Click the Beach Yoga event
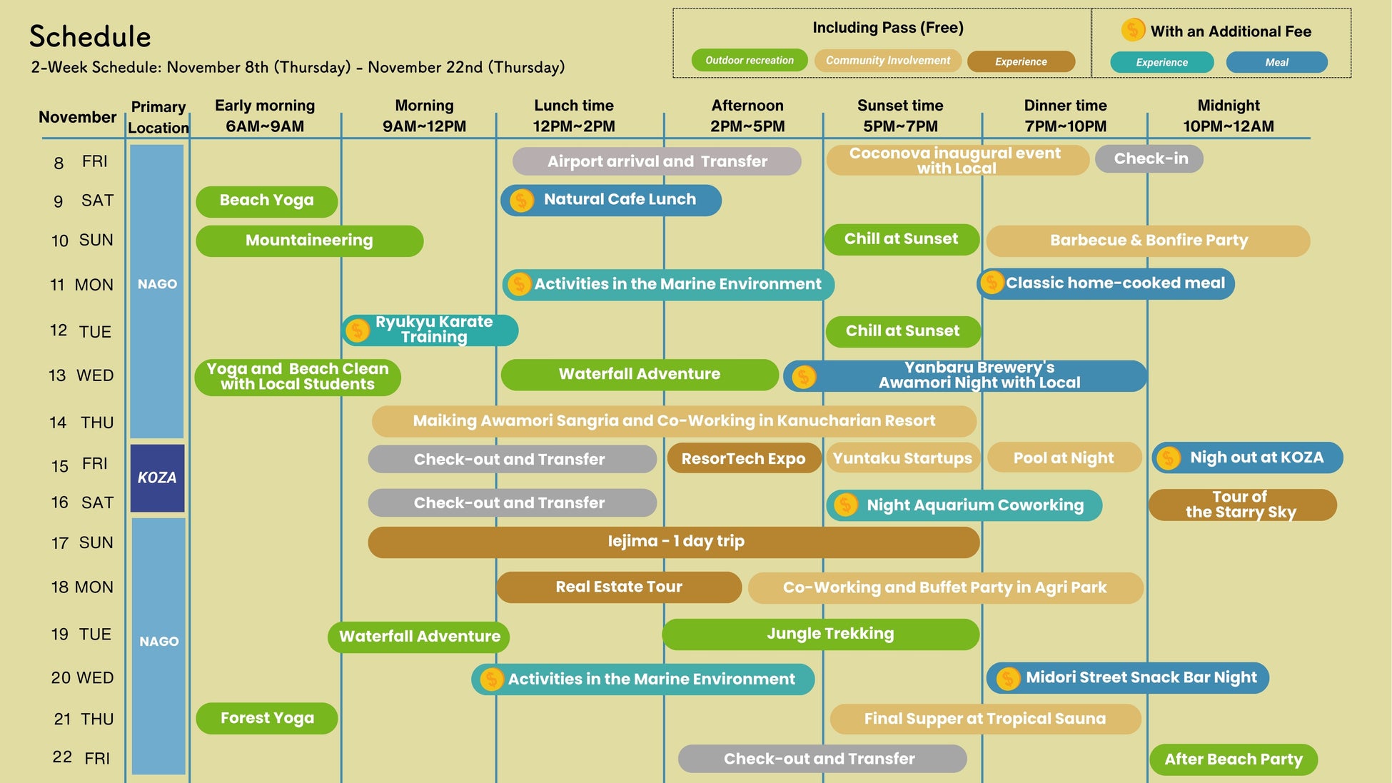[x=266, y=201]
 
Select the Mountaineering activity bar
[x=309, y=241]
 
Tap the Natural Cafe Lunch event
[x=611, y=200]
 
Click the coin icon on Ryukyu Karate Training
[x=358, y=330]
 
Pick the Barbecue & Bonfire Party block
[x=1148, y=241]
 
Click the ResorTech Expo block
[x=743, y=459]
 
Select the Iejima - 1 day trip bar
[x=674, y=542]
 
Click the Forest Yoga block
[x=266, y=718]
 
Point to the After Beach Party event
[x=1233, y=759]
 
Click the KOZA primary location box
[x=157, y=478]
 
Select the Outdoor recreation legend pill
[x=749, y=61]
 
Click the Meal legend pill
[x=1276, y=62]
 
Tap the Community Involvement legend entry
[x=887, y=61]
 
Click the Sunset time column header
[x=900, y=116]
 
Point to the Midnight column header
[x=1228, y=116]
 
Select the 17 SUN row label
[x=82, y=543]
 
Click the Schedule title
[x=90, y=36]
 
